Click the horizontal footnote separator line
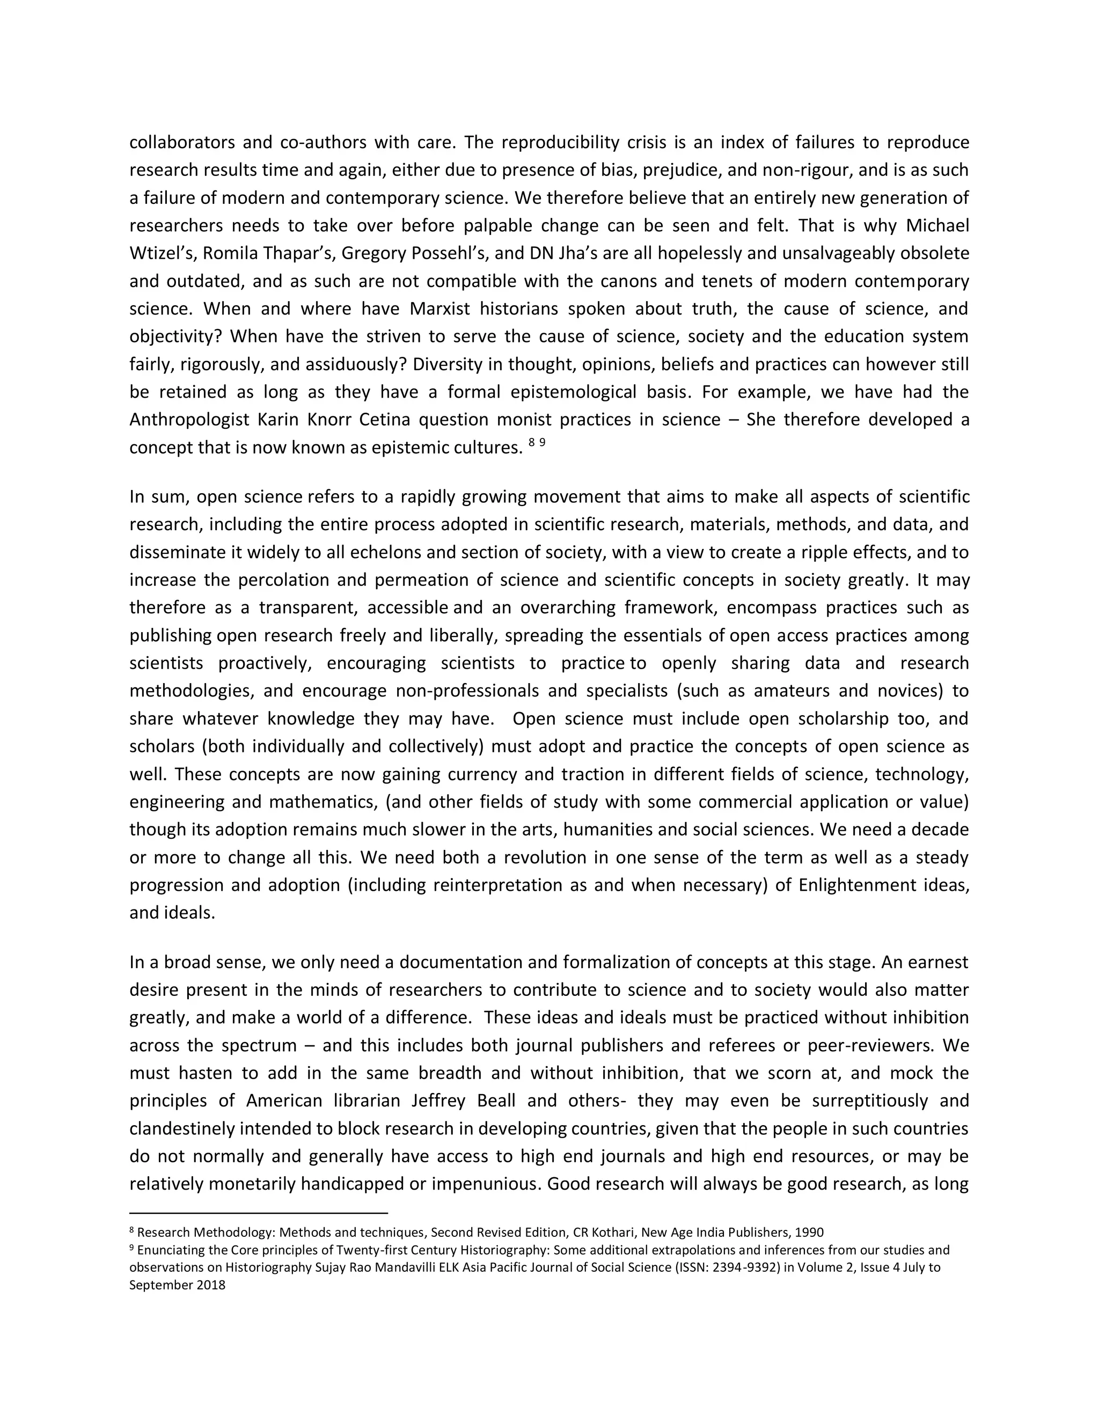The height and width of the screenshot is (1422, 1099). [259, 1213]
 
